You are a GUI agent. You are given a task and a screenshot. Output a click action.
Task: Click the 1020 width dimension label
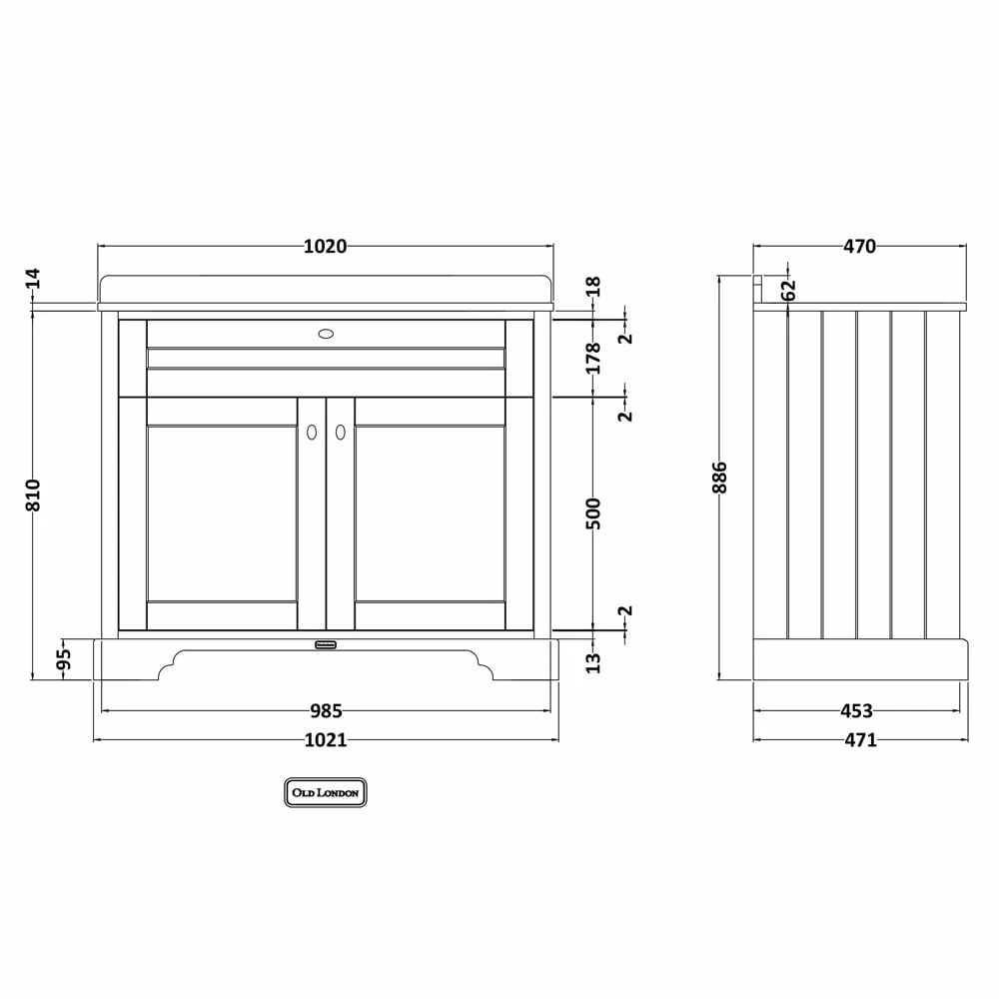point(325,246)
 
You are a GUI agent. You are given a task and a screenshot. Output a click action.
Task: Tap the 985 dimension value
point(327,710)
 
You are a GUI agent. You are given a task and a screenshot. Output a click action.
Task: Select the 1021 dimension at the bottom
point(326,739)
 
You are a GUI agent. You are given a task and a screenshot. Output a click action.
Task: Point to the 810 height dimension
point(33,495)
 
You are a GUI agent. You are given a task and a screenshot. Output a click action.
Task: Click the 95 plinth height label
point(64,659)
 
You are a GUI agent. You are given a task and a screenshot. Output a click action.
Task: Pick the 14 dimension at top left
point(33,279)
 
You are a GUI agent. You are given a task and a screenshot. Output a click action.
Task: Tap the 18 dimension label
point(593,286)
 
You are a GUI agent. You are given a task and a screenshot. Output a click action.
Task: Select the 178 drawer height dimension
point(593,358)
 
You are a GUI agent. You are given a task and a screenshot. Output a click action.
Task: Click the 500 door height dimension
point(593,513)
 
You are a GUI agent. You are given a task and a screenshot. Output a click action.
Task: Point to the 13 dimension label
point(593,662)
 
